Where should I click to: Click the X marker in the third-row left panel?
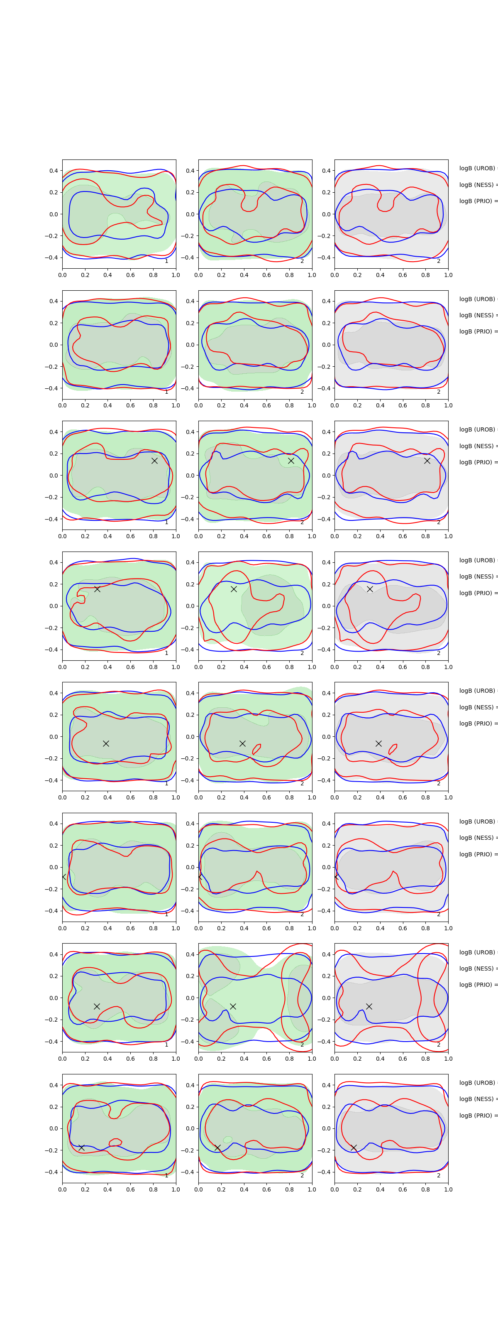(154, 461)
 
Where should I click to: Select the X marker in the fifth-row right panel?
(378, 743)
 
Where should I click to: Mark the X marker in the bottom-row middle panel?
(217, 1148)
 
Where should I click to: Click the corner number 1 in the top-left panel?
(166, 261)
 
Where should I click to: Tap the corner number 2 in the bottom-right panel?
(439, 1175)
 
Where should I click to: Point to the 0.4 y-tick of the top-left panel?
(53, 171)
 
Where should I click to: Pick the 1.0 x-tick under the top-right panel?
(448, 275)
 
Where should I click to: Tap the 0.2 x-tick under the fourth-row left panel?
(85, 667)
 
